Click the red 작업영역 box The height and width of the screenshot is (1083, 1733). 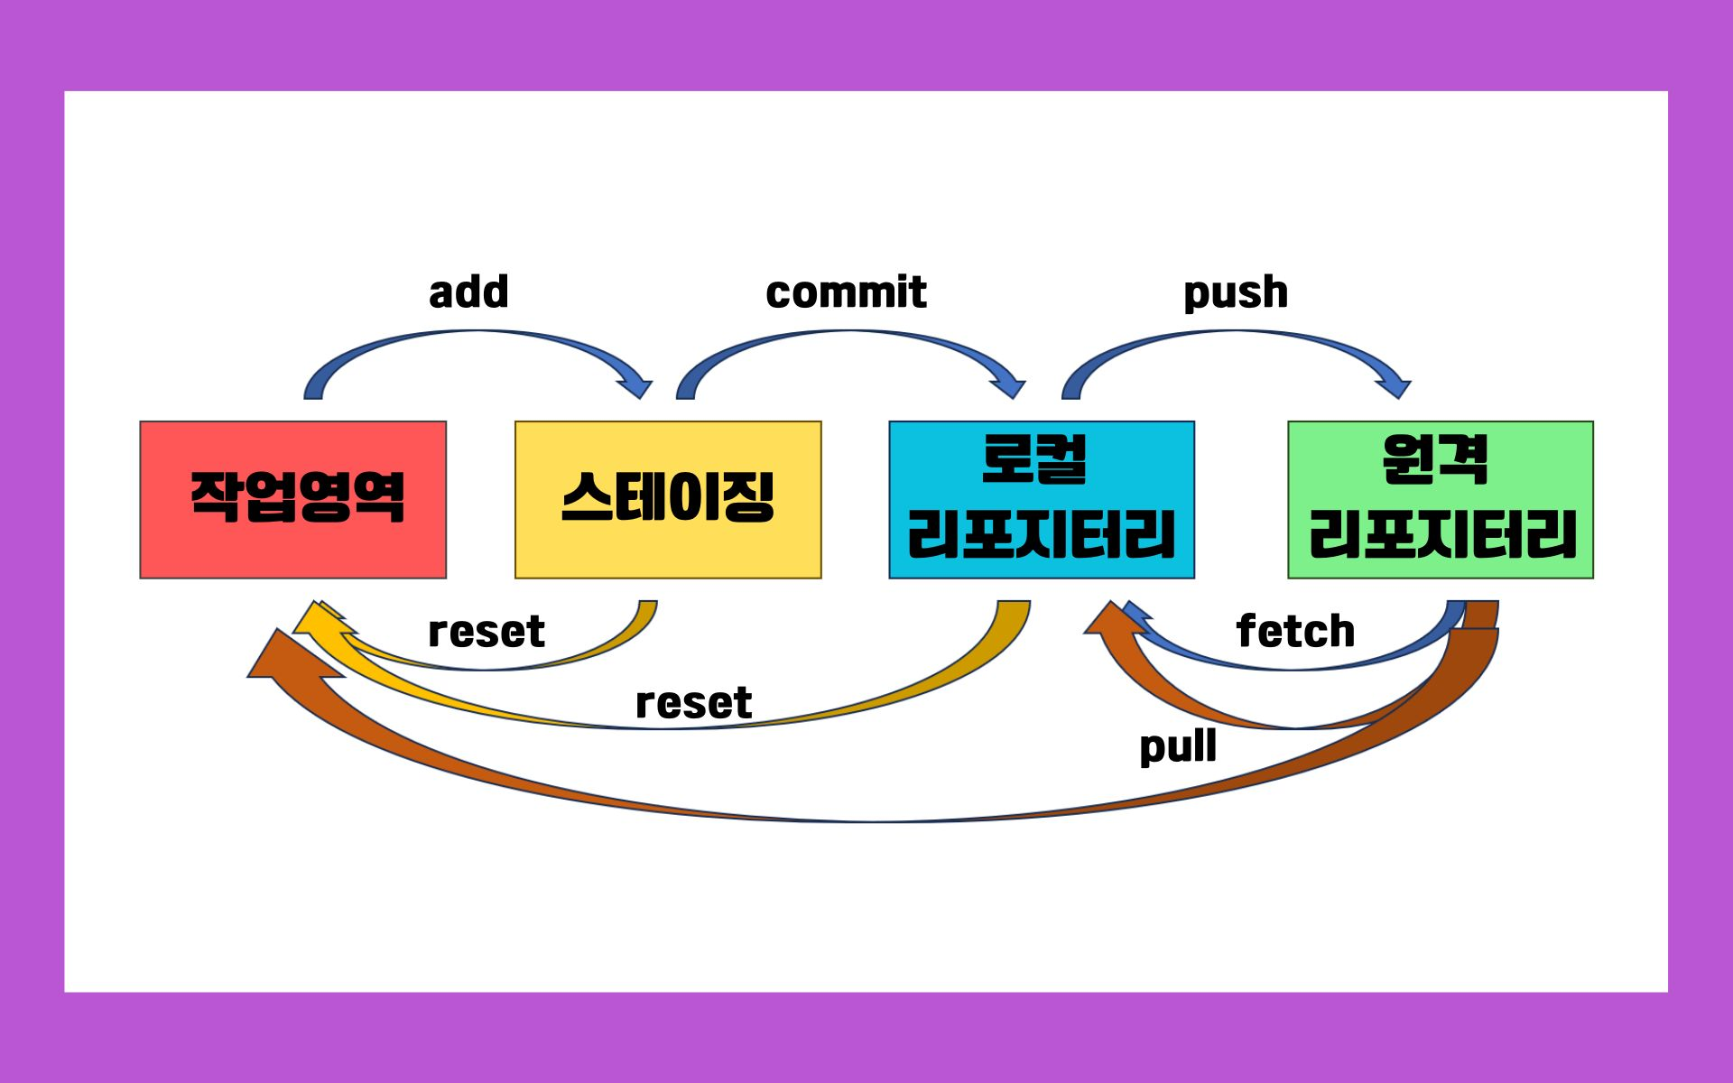click(292, 499)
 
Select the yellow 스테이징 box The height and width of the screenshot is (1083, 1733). click(668, 499)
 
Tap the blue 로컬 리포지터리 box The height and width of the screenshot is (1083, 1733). click(1042, 499)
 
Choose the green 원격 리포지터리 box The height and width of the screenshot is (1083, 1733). click(1441, 499)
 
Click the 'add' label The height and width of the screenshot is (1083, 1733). click(468, 292)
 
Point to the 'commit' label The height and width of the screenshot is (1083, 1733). click(846, 292)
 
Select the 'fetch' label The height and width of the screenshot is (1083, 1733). click(1295, 631)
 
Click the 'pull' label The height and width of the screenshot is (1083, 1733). click(1178, 747)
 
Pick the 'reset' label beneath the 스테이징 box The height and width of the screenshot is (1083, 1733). click(487, 632)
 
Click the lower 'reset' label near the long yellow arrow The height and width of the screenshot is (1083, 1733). click(693, 703)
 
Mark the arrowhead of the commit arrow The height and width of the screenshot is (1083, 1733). click(1009, 384)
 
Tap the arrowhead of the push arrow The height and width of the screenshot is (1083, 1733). click(1395, 384)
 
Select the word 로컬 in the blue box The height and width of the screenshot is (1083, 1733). click(1034, 458)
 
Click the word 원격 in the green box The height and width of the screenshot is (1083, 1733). click(1434, 458)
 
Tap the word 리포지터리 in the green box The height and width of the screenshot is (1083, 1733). click(1442, 533)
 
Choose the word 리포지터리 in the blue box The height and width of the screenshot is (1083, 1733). click(1042, 533)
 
